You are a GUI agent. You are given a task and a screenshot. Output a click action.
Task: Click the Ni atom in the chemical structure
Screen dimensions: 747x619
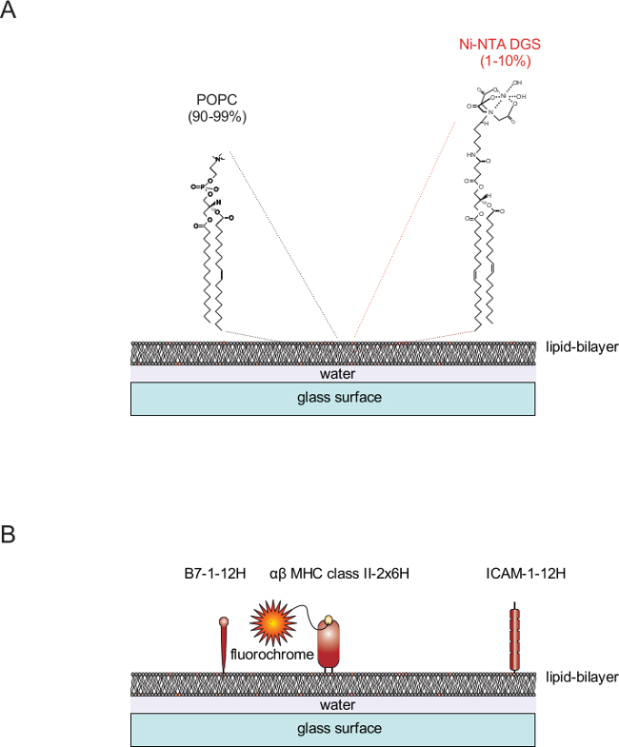tap(505, 97)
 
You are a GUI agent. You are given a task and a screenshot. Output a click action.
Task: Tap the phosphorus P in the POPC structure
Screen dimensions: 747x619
tap(204, 188)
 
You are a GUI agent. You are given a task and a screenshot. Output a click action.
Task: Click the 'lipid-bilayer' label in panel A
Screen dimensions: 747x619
tap(581, 346)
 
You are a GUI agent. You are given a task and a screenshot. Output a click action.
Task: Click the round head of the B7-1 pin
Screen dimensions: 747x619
tap(225, 622)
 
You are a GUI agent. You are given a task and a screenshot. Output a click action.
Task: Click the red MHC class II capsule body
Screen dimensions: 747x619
tap(330, 648)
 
